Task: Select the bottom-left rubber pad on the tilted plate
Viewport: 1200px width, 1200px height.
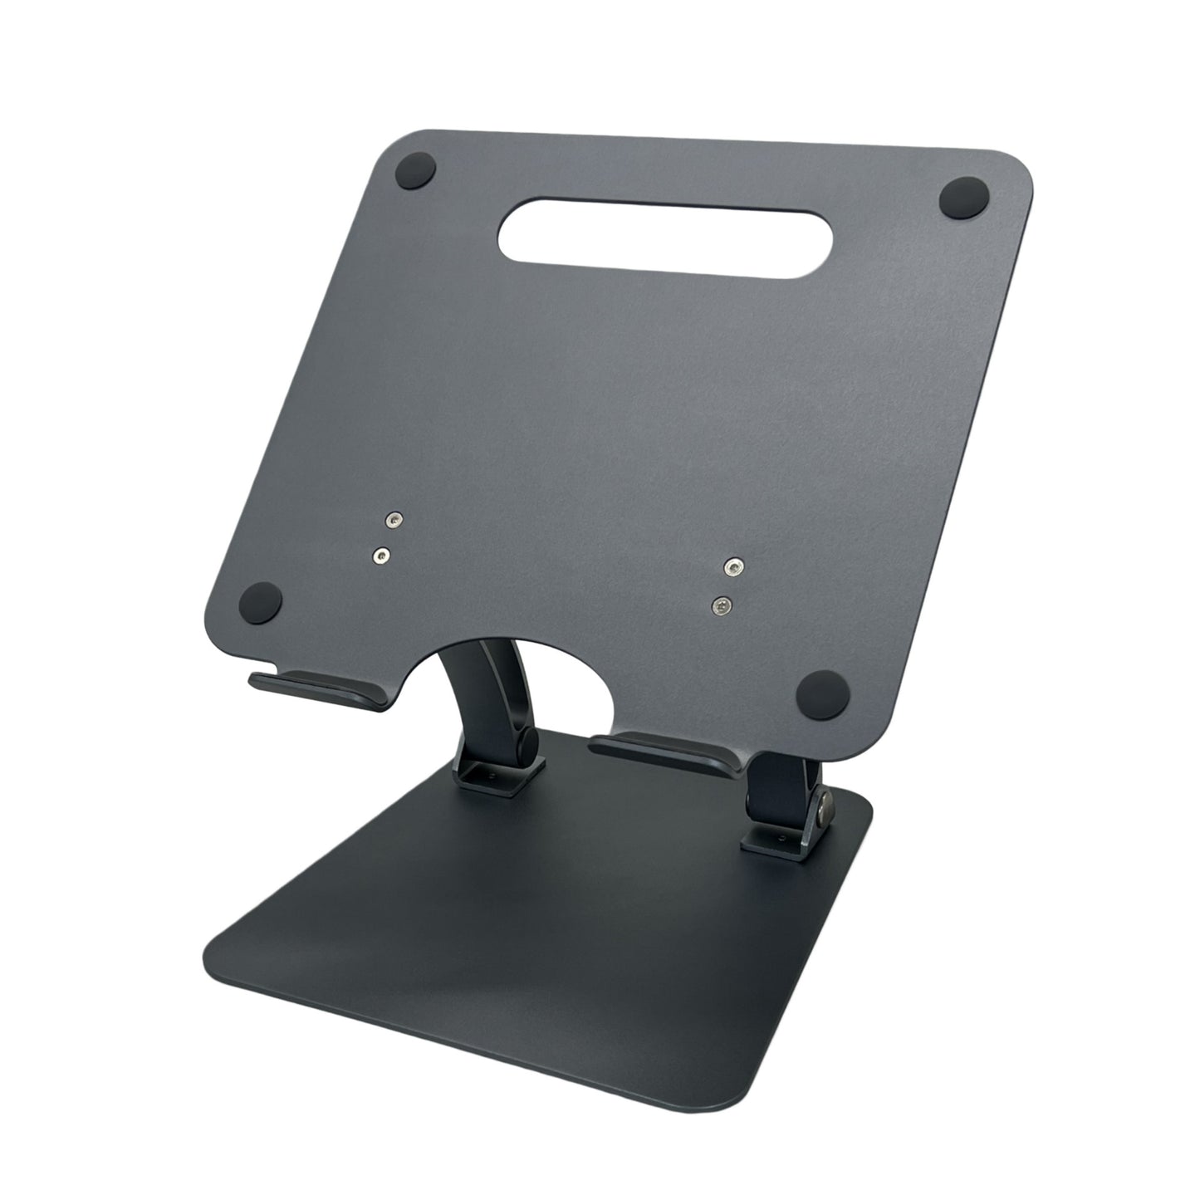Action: point(262,601)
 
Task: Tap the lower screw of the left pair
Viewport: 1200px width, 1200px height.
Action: point(381,554)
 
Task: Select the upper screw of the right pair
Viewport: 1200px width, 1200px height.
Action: point(731,567)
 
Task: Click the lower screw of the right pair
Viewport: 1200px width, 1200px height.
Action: point(722,607)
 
